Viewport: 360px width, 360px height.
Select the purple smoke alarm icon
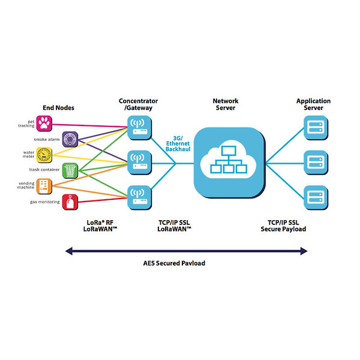click(70, 140)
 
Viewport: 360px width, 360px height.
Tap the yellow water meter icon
click(44, 155)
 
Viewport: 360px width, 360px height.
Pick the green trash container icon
click(70, 170)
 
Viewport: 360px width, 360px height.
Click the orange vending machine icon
click(44, 186)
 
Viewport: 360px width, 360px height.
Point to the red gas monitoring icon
click(70, 202)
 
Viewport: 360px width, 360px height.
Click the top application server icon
click(314, 126)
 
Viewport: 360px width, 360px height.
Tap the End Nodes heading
click(58, 108)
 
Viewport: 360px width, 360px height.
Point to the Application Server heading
click(313, 104)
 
